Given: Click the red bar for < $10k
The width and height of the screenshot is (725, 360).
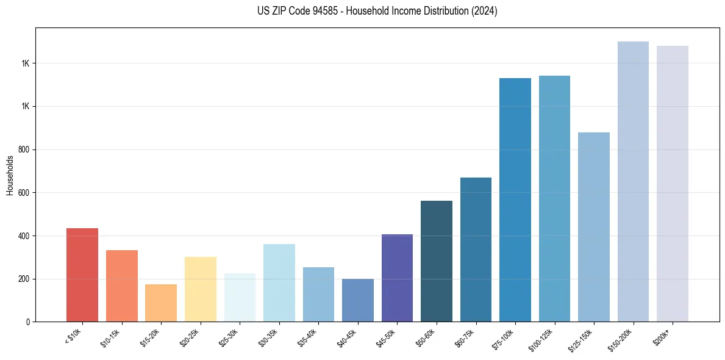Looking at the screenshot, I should [x=82, y=275].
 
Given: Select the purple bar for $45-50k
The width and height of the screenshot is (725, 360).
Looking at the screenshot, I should [x=397, y=278].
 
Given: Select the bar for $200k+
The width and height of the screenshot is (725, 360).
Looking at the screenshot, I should [x=673, y=184].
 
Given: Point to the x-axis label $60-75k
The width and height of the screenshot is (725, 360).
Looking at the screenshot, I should [x=466, y=338].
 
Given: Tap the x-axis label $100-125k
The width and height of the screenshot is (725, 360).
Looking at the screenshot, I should [x=543, y=340].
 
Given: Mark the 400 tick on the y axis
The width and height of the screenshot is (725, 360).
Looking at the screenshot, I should [x=24, y=236].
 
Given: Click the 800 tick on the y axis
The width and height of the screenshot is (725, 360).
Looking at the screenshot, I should [x=24, y=149].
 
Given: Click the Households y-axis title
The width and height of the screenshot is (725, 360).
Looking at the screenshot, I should [x=10, y=175].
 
